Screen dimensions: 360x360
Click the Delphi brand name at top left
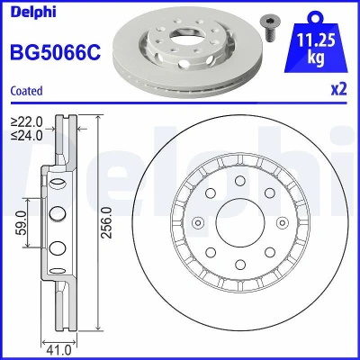tap(33, 12)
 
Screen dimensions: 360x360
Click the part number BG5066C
tap(56, 52)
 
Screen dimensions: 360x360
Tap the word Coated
tap(26, 91)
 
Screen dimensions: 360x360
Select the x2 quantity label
tap(338, 89)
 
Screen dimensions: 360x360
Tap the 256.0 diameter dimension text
tap(106, 222)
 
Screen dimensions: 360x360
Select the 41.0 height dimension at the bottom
tap(59, 350)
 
